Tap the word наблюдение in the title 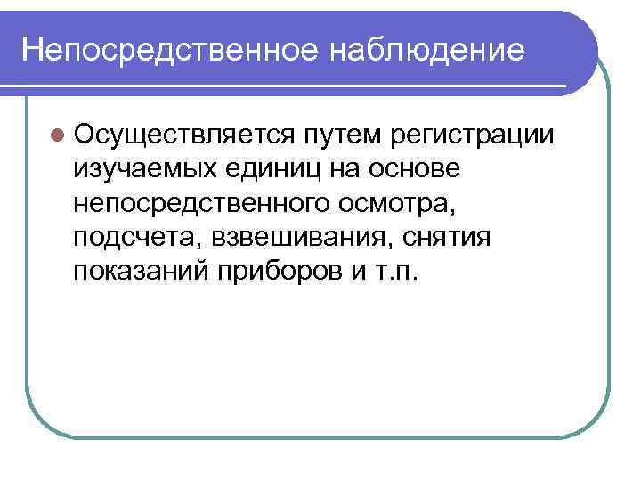(426, 49)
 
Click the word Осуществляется (185, 134)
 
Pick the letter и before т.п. (365, 271)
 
